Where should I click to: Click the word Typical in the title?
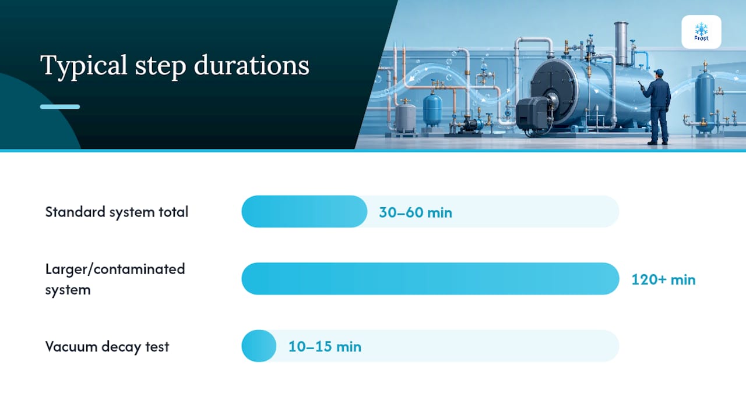83,66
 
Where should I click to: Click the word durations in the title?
251,65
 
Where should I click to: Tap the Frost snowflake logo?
701,32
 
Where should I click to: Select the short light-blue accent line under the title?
60,106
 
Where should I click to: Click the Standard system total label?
117,212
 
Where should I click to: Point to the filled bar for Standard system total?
304,211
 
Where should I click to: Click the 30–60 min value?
416,212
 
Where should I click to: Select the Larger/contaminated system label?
115,279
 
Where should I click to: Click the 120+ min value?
663,280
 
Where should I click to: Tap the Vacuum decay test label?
107,346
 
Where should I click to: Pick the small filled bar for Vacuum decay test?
259,346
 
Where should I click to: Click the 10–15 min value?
325,346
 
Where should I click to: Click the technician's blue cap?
659,72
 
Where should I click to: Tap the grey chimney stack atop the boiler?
621,43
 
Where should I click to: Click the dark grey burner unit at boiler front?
532,113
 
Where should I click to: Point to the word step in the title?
160,66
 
